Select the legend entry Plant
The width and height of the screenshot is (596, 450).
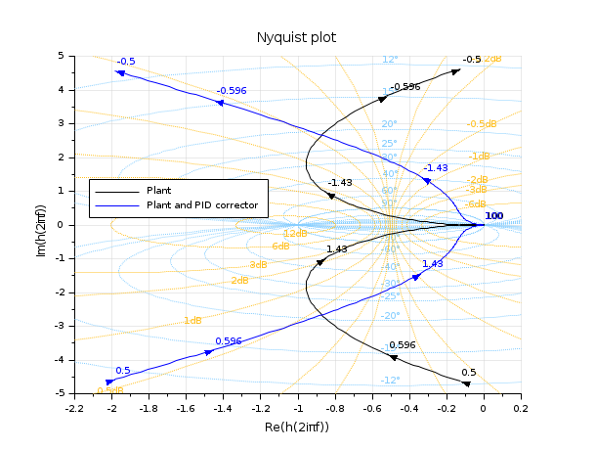[x=158, y=190]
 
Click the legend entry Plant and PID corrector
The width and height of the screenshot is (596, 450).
[x=201, y=205]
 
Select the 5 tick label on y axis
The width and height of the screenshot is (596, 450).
[x=60, y=56]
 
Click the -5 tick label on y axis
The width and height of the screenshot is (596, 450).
[x=58, y=393]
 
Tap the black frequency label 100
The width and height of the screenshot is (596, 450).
[x=494, y=216]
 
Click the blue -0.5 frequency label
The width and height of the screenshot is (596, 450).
[x=125, y=61]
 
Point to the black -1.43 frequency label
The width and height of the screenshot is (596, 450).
[x=340, y=183]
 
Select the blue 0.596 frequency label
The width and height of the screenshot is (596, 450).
[x=228, y=341]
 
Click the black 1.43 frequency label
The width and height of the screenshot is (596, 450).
[x=336, y=249]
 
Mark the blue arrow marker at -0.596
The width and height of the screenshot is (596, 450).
[x=220, y=102]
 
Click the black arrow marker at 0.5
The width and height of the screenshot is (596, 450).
[x=466, y=382]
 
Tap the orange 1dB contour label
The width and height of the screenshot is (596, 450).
[x=192, y=321]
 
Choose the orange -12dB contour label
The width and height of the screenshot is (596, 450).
[x=294, y=234]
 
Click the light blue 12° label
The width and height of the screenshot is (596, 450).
[x=391, y=59]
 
